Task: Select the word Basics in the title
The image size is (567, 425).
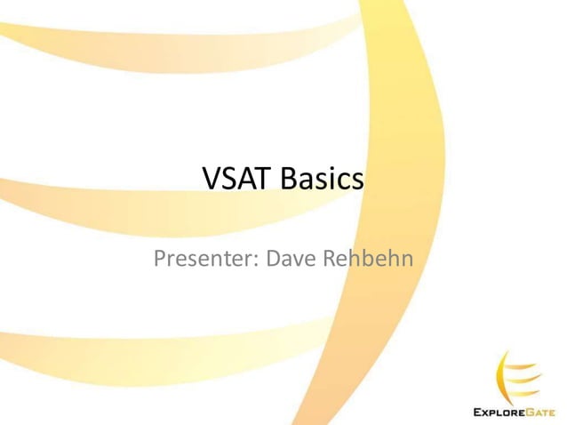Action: pyautogui.click(x=322, y=180)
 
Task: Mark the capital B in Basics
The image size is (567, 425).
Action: pyautogui.click(x=289, y=180)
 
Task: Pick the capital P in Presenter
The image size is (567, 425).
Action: pyautogui.click(x=161, y=260)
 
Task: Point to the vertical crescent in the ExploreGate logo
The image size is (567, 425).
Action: pyautogui.click(x=500, y=373)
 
